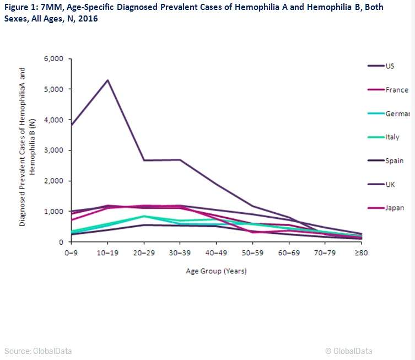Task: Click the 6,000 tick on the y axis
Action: pyautogui.click(x=54, y=58)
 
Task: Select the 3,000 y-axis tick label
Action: pyautogui.click(x=54, y=150)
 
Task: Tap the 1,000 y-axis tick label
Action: pyautogui.click(x=54, y=211)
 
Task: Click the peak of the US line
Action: pyautogui.click(x=108, y=80)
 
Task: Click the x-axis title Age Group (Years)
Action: pyautogui.click(x=215, y=271)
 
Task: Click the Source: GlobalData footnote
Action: pyautogui.click(x=38, y=351)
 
